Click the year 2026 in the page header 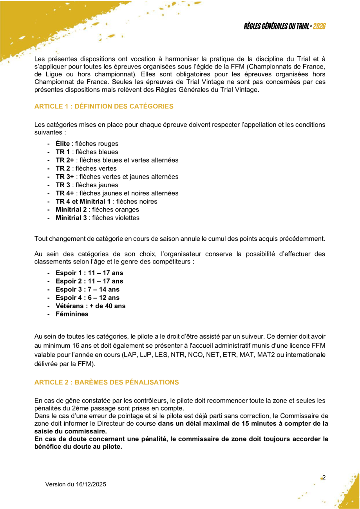pos(320,27)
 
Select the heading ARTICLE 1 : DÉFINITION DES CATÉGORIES pos(104,106)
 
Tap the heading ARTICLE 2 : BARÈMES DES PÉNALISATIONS pos(107,382)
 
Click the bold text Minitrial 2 pos(71,209)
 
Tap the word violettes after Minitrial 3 pos(124,218)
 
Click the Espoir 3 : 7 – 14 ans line pos(87,289)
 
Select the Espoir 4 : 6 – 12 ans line pos(87,298)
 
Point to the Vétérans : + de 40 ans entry pos(90,306)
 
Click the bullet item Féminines pos(72,314)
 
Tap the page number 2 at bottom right pos(324,477)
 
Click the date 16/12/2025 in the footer pos(91,484)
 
